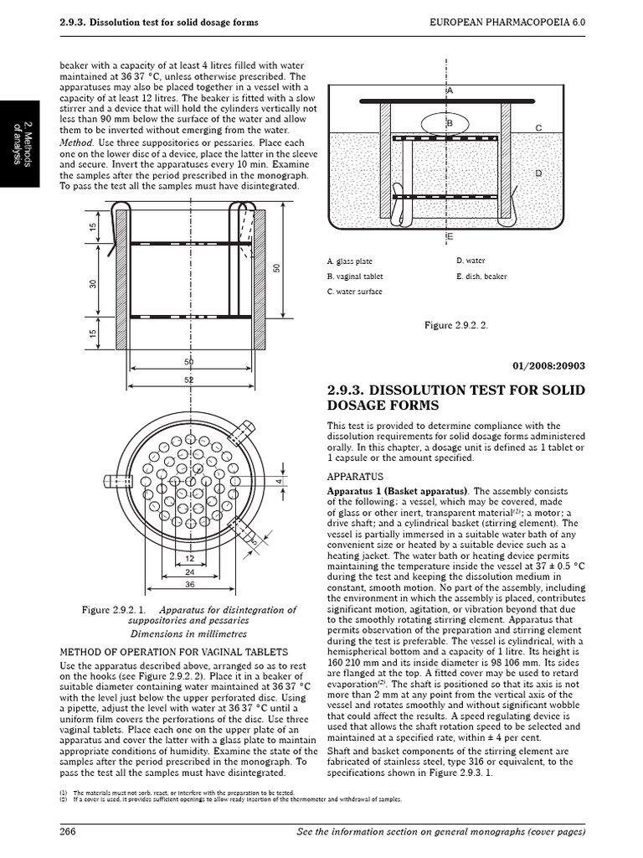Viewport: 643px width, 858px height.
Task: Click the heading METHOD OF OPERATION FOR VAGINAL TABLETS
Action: pyautogui.click(x=174, y=651)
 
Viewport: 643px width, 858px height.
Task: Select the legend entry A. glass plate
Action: pyautogui.click(x=350, y=261)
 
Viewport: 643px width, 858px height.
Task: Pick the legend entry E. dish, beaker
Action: pyautogui.click(x=482, y=277)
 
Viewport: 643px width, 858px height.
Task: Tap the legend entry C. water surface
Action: pyautogui.click(x=354, y=292)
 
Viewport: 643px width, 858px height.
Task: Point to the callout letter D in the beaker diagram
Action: pyautogui.click(x=538, y=173)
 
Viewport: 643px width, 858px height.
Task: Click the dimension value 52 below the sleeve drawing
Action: pyautogui.click(x=189, y=380)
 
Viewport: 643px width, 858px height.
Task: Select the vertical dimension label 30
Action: pyautogui.click(x=94, y=283)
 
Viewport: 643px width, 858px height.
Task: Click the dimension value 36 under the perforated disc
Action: pyautogui.click(x=189, y=585)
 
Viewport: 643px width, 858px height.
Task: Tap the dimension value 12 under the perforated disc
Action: pyautogui.click(x=189, y=557)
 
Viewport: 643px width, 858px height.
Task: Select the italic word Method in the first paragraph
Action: pyautogui.click(x=75, y=142)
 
